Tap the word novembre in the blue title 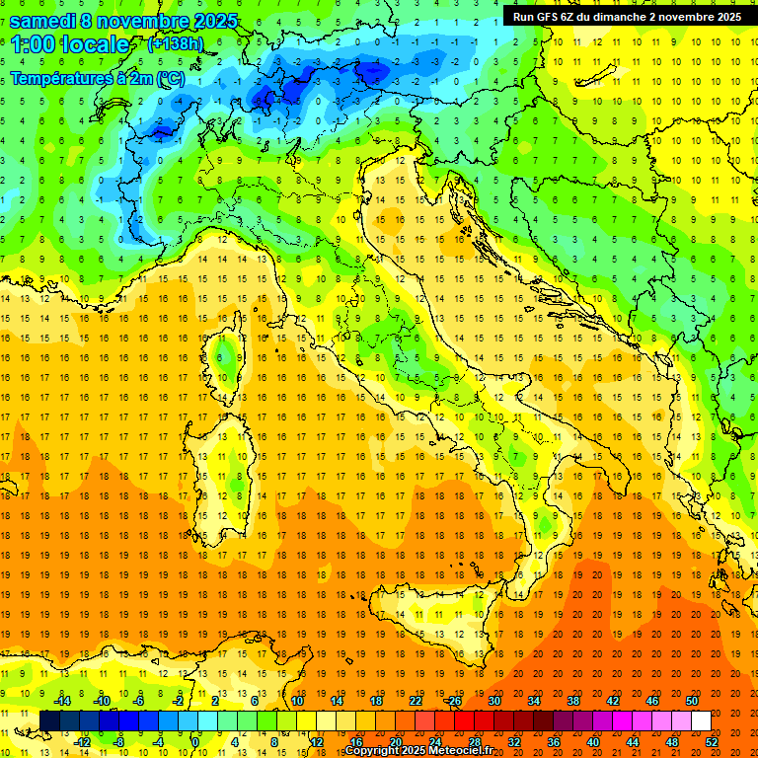coord(146,21)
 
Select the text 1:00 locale coord(70,45)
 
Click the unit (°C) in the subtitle coord(170,78)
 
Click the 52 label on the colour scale coord(711,741)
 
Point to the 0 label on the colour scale coord(195,741)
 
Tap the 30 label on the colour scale coord(493,701)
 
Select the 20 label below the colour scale coord(395,741)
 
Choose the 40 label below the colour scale coord(592,741)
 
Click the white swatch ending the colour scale coord(701,720)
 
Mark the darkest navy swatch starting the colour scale coord(50,720)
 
